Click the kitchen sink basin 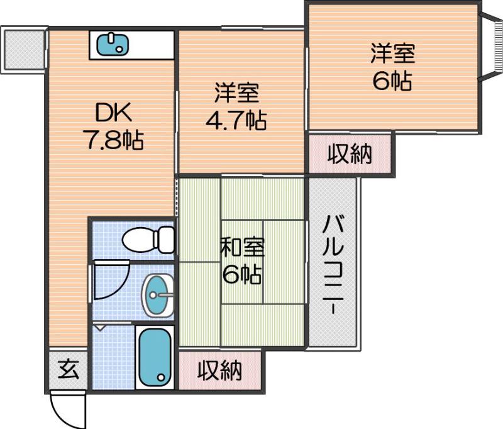(x=114, y=44)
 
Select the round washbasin (x=157, y=294)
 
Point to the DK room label (x=113, y=113)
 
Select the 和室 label (x=242, y=248)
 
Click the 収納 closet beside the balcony (x=350, y=153)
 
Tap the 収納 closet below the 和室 (x=219, y=370)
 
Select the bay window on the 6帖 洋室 (x=489, y=47)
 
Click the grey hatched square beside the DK (x=23, y=49)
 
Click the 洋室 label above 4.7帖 (x=236, y=94)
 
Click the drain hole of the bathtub (x=162, y=378)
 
